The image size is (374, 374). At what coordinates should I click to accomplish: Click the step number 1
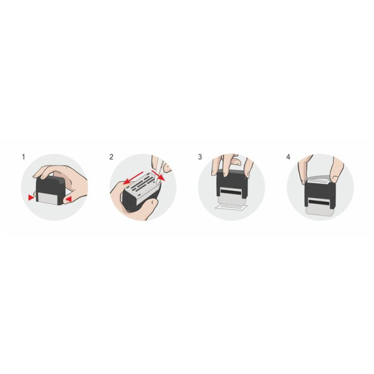(x=24, y=156)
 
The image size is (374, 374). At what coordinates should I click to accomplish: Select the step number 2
(x=112, y=156)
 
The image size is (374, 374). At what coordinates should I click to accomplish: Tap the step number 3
(x=200, y=156)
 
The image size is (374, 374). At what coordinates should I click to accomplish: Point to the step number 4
(x=288, y=156)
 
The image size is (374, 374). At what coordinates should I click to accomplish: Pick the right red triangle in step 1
(x=69, y=198)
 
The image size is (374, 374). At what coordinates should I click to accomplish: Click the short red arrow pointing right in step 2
(x=161, y=176)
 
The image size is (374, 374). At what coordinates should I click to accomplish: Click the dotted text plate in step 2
(x=141, y=185)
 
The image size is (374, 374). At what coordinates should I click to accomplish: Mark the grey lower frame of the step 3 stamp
(x=231, y=198)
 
